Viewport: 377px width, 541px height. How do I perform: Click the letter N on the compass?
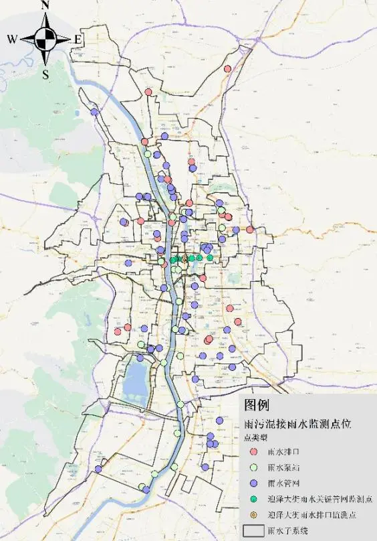pyautogui.click(x=45, y=6)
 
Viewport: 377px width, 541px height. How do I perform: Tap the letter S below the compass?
pyautogui.click(x=45, y=75)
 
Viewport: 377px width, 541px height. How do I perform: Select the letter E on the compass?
pyautogui.click(x=78, y=40)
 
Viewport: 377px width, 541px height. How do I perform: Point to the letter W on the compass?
pyautogui.click(x=13, y=40)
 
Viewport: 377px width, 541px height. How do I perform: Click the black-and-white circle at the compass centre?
pyautogui.click(x=45, y=40)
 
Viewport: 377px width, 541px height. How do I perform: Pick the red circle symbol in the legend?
pyautogui.click(x=253, y=452)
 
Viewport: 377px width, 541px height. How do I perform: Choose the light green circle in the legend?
pyautogui.click(x=253, y=468)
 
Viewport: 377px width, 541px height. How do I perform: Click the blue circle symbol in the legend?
pyautogui.click(x=253, y=483)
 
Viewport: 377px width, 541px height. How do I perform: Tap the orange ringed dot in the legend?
pyautogui.click(x=253, y=515)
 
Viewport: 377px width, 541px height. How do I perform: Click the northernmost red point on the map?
pyautogui.click(x=227, y=69)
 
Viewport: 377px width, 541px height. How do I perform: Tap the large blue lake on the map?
pyautogui.click(x=136, y=378)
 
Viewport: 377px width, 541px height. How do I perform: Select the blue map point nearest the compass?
pyautogui.click(x=95, y=112)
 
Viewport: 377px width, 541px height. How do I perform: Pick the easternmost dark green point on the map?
pyautogui.click(x=210, y=258)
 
